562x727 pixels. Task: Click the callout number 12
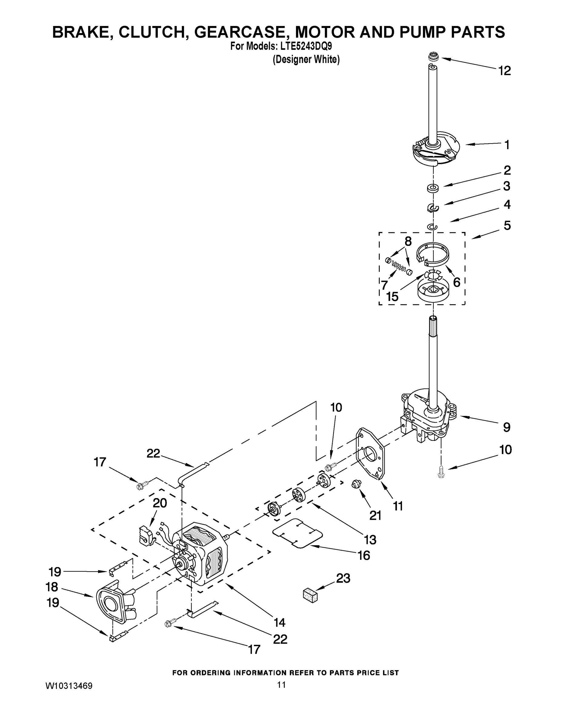point(504,71)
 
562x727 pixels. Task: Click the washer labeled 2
point(433,188)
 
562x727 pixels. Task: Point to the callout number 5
point(507,225)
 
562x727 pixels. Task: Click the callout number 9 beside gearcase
point(506,427)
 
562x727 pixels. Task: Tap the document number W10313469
point(69,686)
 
